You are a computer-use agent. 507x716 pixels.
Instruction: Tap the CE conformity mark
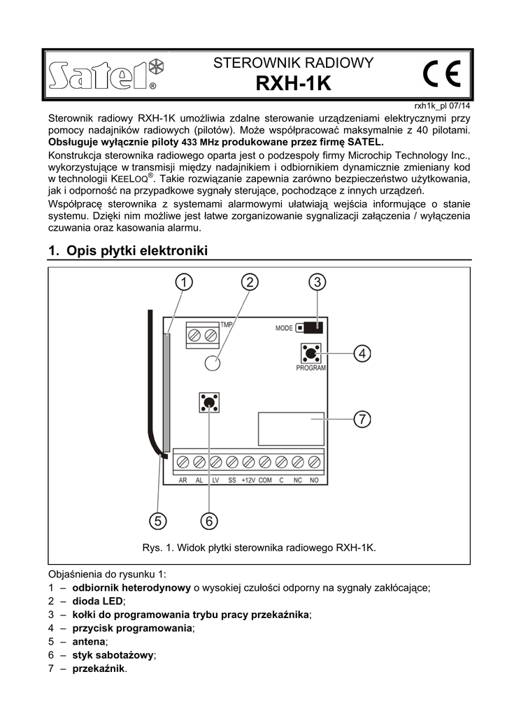pos(441,74)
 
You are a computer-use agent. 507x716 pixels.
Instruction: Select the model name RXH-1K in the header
pos(293,84)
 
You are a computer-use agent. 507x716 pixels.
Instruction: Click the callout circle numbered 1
pos(183,282)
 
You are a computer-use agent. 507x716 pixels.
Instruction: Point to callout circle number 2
pos(250,282)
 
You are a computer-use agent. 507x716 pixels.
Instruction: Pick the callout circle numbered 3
pos(317,282)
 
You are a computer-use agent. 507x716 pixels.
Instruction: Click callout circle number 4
pos(361,354)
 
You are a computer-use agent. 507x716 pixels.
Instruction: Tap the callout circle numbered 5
pos(158,520)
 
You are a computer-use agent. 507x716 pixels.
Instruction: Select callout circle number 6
pos(209,520)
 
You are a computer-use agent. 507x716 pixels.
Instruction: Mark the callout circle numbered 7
pos(361,420)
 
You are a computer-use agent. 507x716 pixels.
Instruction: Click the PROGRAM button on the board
pos(311,352)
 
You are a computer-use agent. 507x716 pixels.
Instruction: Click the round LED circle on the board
pos(213,362)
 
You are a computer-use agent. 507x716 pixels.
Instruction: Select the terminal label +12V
pos(248,480)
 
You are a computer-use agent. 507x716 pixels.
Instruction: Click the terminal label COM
pos(265,480)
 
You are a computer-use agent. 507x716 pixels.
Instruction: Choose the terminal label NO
pos(314,480)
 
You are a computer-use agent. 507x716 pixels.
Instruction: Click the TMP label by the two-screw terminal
pos(227,325)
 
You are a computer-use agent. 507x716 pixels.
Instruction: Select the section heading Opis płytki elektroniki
pos(129,250)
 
